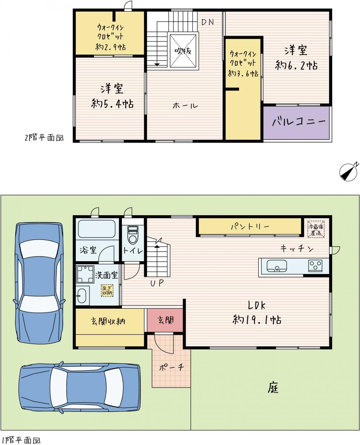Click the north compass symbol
[x=348, y=172]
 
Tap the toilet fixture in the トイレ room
[x=133, y=235]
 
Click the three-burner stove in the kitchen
[x=315, y=266]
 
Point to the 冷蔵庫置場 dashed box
[x=316, y=229]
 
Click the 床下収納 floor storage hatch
[x=107, y=290]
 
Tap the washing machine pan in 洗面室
[x=85, y=274]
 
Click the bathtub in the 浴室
[x=97, y=229]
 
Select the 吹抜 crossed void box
[x=183, y=51]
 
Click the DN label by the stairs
[x=207, y=22]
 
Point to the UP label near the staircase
[x=157, y=283]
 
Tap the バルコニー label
[x=299, y=121]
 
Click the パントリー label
[x=250, y=227]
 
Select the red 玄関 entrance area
[x=165, y=320]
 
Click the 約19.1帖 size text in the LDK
[x=257, y=320]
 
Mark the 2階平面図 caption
[x=44, y=138]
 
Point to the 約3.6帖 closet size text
[x=243, y=74]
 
